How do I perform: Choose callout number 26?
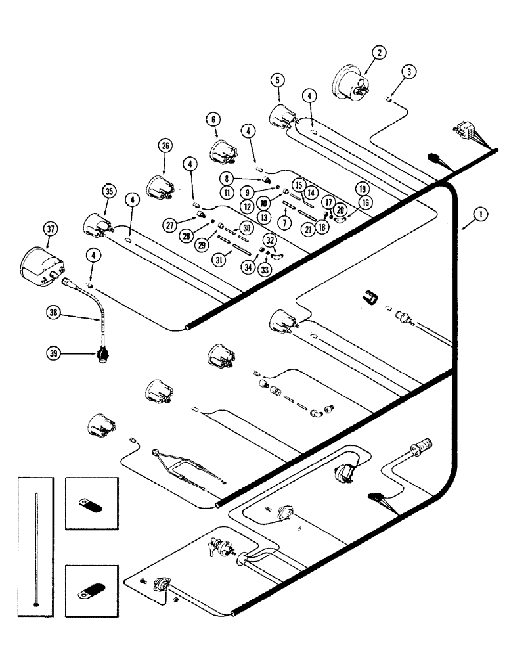coord(165,145)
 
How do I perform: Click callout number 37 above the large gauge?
coord(52,229)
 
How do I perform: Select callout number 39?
coord(55,353)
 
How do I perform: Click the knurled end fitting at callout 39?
coord(102,355)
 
